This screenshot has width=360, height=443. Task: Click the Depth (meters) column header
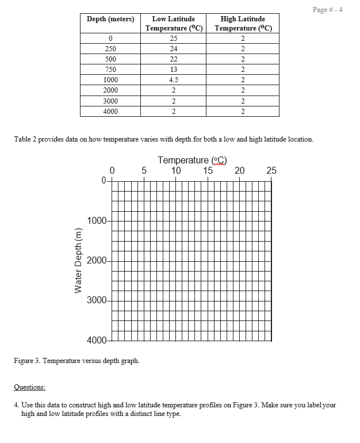[110, 19]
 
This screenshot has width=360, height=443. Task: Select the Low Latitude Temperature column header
[174, 24]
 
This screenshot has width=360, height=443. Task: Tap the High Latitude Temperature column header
[243, 24]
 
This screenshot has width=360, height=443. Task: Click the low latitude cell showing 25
[174, 38]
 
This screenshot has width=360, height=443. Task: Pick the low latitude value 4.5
[174, 80]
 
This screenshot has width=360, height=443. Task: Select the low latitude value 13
[174, 70]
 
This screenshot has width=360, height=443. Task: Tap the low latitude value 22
[174, 59]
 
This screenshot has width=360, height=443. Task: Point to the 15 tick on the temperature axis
[208, 170]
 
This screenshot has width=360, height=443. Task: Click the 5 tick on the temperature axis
[144, 170]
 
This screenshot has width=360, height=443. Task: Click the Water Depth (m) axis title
[79, 261]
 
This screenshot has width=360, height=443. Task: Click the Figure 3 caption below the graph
[75, 361]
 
